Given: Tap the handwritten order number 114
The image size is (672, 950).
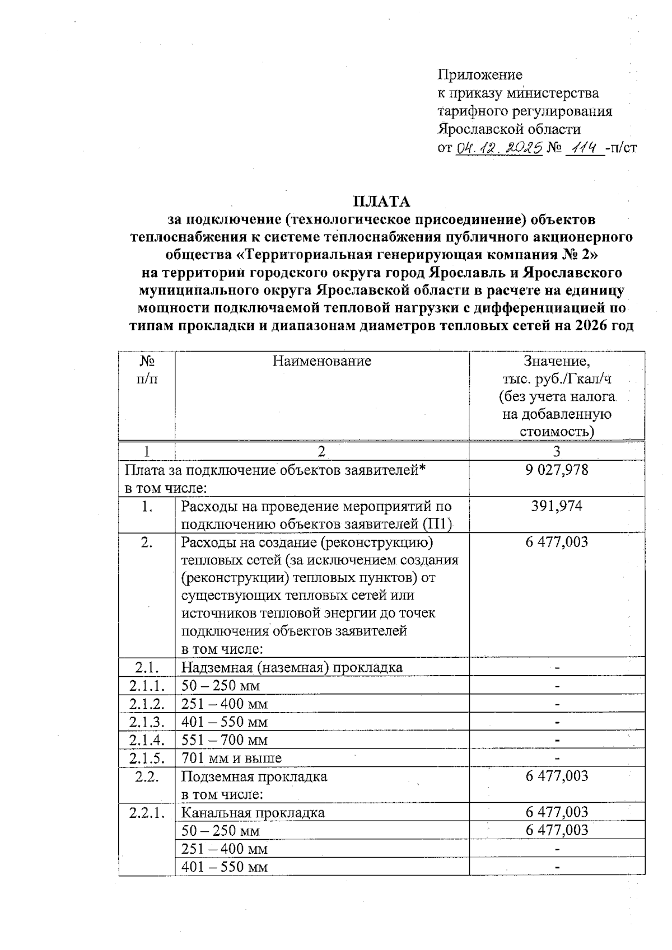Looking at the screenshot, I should pyautogui.click(x=584, y=148).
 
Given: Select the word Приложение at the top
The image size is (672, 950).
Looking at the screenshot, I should pyautogui.click(x=479, y=75).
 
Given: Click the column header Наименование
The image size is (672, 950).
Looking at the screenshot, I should pyautogui.click(x=322, y=361).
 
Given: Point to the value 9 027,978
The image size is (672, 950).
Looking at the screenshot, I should pyautogui.click(x=557, y=470).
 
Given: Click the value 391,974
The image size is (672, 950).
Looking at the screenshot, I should pyautogui.click(x=557, y=506).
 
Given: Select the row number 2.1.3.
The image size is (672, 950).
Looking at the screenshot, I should pyautogui.click(x=147, y=722).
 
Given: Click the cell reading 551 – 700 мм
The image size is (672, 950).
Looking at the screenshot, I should pyautogui.click(x=225, y=740).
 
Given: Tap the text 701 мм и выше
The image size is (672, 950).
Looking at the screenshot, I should pyautogui.click(x=232, y=759).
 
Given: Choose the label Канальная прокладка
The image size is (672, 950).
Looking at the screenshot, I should pyautogui.click(x=253, y=812).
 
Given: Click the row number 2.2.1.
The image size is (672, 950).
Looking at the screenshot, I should pyautogui.click(x=147, y=812).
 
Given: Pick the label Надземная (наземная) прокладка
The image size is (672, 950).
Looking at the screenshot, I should pyautogui.click(x=292, y=667).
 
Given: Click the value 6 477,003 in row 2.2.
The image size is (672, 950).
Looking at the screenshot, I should pyautogui.click(x=557, y=776).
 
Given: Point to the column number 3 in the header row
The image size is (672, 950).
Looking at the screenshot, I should pyautogui.click(x=557, y=451).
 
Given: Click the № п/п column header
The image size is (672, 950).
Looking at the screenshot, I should pyautogui.click(x=147, y=370).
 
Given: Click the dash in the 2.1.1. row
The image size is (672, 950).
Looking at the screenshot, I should pyautogui.click(x=557, y=686).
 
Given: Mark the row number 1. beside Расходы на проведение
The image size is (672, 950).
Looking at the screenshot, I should pyautogui.click(x=147, y=507).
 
